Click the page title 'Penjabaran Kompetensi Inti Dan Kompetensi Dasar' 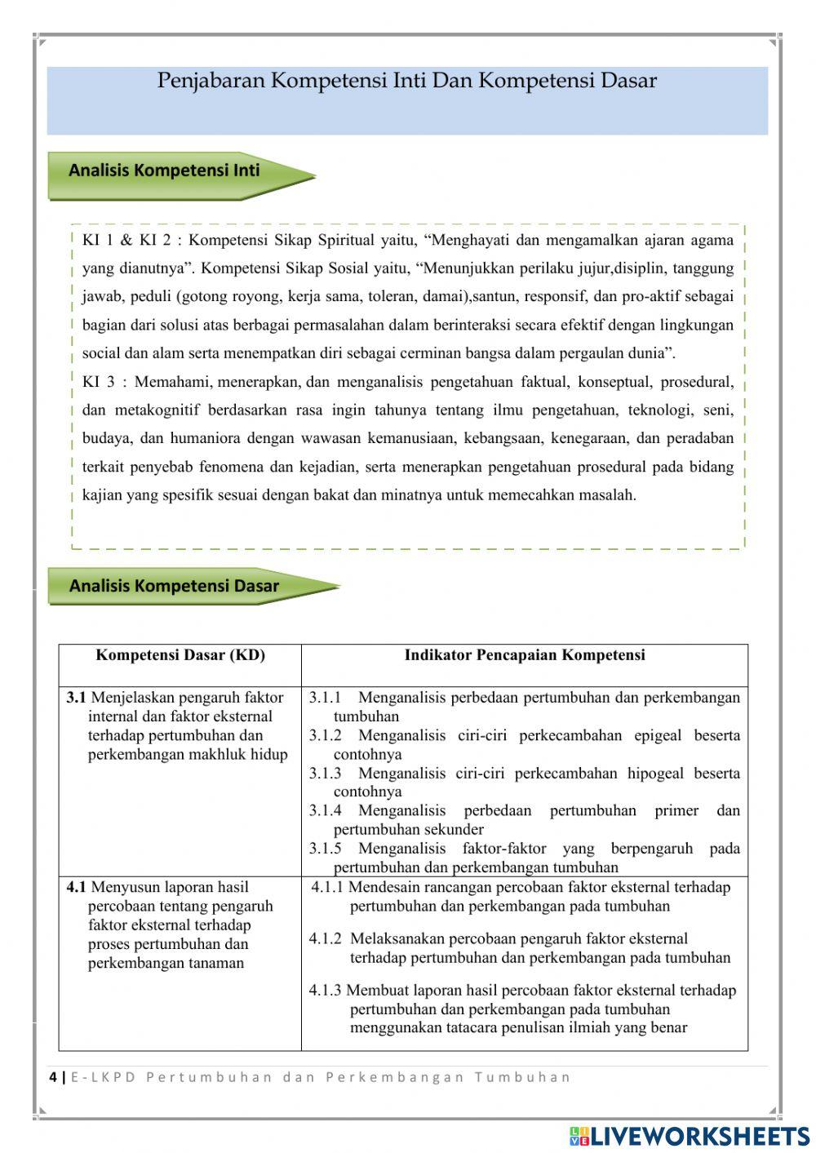click(x=406, y=82)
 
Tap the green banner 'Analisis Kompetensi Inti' click(x=164, y=171)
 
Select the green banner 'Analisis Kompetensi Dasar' click(x=174, y=586)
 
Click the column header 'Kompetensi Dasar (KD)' click(x=180, y=655)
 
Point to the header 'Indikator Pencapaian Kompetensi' click(x=525, y=655)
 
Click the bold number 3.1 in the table click(x=76, y=698)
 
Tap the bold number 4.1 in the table click(x=76, y=887)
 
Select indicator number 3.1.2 click(x=325, y=736)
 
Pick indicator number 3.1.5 click(x=325, y=849)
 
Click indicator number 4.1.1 click(x=327, y=887)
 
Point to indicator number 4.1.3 click(x=325, y=991)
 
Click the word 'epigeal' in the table click(x=658, y=736)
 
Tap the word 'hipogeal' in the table click(x=655, y=774)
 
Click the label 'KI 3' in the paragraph click(x=98, y=382)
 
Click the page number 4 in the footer click(x=53, y=1077)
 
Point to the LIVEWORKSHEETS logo click(x=690, y=1135)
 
